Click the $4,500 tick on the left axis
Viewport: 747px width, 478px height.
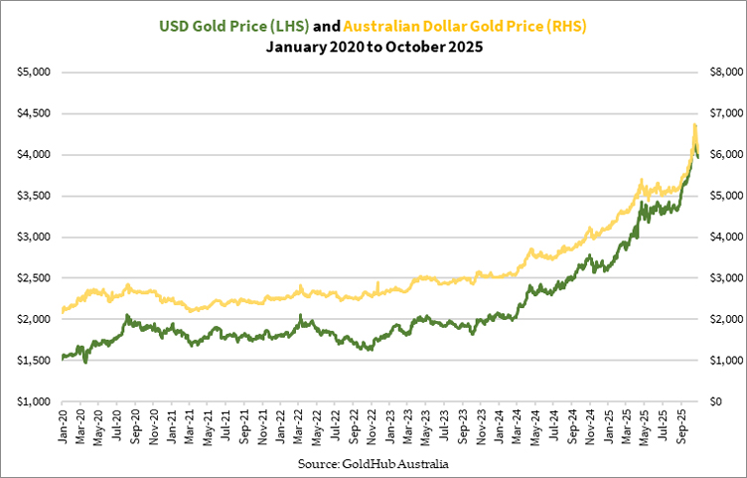(x=37, y=113)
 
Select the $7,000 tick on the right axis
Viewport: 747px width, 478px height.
(x=719, y=113)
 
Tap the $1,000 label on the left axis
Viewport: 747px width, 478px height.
(x=37, y=401)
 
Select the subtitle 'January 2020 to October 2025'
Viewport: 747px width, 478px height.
(x=373, y=47)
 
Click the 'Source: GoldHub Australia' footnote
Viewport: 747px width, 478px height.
(x=373, y=463)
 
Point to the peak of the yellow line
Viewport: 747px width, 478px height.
(x=694, y=125)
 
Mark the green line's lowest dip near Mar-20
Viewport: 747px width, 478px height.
(x=85, y=363)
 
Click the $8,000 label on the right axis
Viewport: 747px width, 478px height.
(x=719, y=73)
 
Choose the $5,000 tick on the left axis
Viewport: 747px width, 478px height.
(x=37, y=73)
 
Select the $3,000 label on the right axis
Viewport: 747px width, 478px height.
(x=719, y=278)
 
